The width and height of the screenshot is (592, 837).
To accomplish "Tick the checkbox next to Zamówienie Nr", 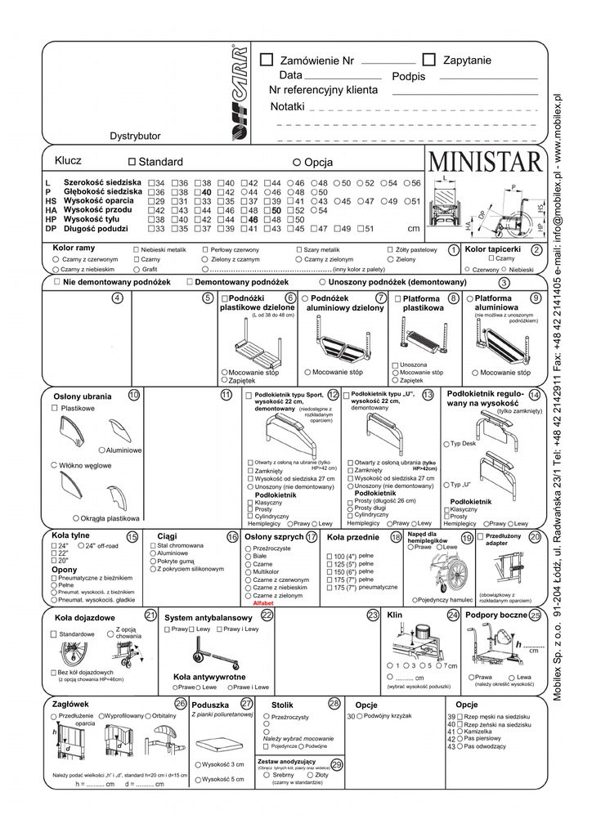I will coord(267,60).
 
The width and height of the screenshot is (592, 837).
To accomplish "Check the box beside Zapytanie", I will coord(429,60).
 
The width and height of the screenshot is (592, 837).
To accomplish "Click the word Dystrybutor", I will coord(136,136).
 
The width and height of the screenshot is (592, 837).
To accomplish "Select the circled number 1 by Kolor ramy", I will coord(454,249).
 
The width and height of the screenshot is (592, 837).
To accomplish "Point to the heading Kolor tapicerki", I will coord(492,248).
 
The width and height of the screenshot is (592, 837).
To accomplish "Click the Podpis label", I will coord(409,76).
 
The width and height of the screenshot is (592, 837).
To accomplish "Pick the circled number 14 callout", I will coord(534,395).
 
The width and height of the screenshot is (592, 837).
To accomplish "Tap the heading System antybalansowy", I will coord(209,616).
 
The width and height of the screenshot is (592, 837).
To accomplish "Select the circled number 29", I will coord(337,763).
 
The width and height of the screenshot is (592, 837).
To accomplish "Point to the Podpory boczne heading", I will coord(496,615).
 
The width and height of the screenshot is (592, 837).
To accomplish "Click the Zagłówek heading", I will coord(70,704).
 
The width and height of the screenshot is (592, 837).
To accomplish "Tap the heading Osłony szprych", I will coord(274,537).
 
